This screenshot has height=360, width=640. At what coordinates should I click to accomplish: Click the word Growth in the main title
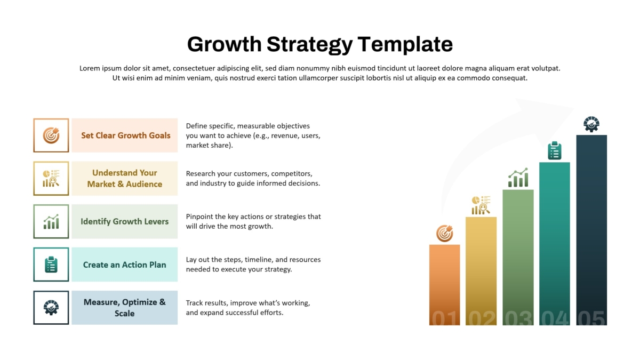(x=225, y=45)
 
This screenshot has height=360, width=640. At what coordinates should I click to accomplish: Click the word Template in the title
(x=405, y=45)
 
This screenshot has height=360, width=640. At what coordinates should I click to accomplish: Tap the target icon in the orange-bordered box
(x=51, y=135)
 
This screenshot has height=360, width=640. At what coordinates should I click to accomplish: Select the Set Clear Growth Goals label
(x=126, y=135)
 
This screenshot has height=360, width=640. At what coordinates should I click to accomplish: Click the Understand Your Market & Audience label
(x=125, y=178)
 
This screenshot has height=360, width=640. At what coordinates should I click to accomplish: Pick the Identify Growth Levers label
(x=125, y=221)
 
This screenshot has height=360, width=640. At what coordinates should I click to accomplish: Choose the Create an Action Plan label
(x=125, y=265)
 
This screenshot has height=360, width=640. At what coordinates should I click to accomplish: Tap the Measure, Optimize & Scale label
(x=125, y=308)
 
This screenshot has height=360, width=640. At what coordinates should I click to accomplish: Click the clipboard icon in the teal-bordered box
(x=51, y=265)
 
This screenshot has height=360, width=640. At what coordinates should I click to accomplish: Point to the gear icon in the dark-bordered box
(x=51, y=308)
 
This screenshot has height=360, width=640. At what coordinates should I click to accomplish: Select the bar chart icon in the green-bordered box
(x=51, y=221)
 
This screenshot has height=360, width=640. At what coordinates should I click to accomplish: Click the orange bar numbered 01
(x=445, y=285)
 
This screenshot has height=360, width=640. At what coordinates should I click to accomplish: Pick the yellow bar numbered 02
(x=481, y=271)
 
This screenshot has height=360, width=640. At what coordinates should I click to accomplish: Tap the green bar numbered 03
(x=518, y=258)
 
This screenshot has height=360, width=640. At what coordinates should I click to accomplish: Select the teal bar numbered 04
(x=555, y=244)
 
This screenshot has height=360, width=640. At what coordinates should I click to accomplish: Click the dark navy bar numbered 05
(x=591, y=230)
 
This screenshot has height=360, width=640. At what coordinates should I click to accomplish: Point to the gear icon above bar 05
(x=591, y=124)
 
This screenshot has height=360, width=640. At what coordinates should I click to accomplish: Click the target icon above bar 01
(x=445, y=234)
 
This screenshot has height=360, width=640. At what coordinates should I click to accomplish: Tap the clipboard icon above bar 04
(x=555, y=150)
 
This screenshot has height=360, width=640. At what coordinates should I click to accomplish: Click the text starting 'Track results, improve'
(x=248, y=308)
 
